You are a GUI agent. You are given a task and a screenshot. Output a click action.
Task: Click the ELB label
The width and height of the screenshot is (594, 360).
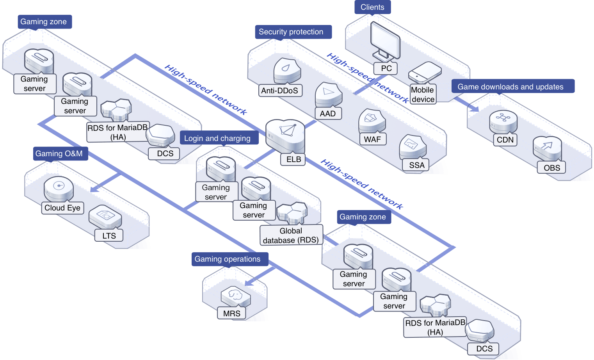point(293,159)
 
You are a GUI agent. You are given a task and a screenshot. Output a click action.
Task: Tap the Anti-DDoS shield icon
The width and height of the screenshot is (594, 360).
point(287,71)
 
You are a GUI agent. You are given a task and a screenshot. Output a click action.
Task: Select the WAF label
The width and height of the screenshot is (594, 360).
point(372,139)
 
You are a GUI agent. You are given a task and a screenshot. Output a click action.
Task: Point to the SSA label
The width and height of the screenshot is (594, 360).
point(416,165)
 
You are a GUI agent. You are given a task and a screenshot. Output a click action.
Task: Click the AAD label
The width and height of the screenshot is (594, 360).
point(327,114)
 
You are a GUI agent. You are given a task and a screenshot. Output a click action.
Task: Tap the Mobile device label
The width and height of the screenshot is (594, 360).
point(423,94)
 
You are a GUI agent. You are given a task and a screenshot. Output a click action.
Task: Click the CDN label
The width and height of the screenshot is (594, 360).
point(505,140)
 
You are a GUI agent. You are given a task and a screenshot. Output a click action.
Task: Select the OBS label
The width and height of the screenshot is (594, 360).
point(551,168)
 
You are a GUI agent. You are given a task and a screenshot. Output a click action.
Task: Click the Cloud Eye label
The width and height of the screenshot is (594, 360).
point(62,208)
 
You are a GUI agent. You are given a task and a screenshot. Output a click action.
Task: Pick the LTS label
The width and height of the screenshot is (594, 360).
point(109,236)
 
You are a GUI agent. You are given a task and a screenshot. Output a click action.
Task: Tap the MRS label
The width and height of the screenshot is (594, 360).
point(231,314)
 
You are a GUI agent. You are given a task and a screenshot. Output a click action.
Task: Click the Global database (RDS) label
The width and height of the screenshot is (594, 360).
point(291,235)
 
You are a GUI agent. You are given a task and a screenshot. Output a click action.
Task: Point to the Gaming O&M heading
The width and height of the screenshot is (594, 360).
point(59,153)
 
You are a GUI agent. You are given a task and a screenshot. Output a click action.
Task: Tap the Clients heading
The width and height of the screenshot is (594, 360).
point(372,7)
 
